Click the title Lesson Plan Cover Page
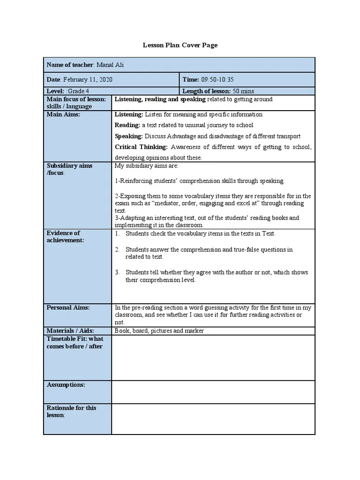tap(180, 45)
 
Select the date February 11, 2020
tap(88, 80)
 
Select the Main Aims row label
tap(64, 114)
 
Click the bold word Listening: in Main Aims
tap(129, 114)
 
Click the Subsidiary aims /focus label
tap(69, 169)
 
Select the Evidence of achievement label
tap(65, 236)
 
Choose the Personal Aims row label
tap(68, 307)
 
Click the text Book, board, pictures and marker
tap(159, 331)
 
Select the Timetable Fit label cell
tap(75, 343)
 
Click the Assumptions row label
tap(66, 385)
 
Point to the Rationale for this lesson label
tap(72, 412)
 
